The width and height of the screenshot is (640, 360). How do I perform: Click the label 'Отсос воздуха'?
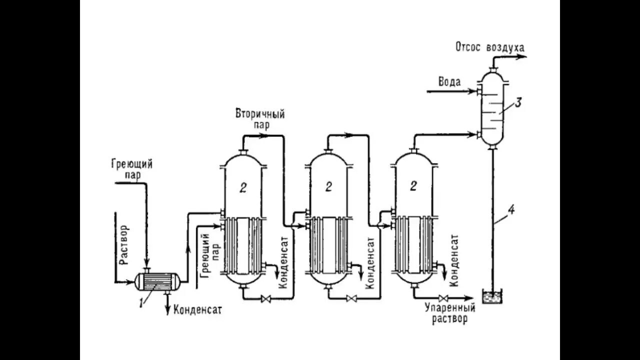[489, 47]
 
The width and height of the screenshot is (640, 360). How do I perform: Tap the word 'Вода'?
[449, 82]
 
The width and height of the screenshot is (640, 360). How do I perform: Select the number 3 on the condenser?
[518, 103]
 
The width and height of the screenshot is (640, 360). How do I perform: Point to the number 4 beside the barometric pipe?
[510, 210]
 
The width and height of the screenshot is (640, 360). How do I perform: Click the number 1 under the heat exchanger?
[141, 302]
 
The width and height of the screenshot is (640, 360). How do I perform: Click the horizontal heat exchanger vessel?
[157, 281]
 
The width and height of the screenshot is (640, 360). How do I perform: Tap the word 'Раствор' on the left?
[124, 244]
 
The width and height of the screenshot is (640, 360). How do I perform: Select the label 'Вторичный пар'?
[260, 119]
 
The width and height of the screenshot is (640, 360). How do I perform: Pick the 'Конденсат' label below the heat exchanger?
[197, 310]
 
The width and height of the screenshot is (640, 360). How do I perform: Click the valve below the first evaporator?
[266, 299]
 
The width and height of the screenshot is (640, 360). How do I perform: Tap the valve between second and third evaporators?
[351, 299]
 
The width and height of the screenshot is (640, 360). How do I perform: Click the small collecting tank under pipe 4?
[492, 297]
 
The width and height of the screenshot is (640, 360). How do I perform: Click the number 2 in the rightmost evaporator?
[413, 186]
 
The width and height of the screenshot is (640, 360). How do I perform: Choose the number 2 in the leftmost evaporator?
[243, 187]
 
